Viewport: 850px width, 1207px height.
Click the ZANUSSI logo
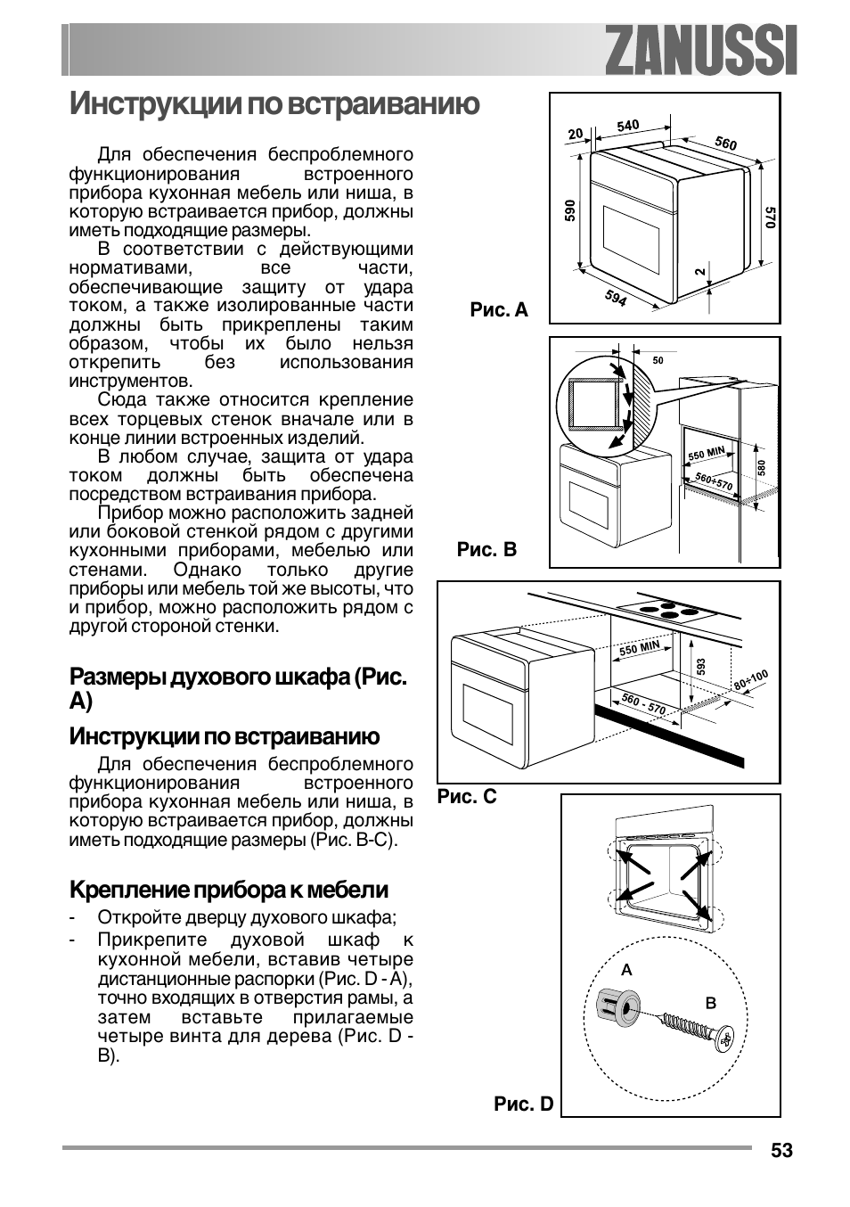click(700, 50)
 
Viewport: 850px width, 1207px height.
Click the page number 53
click(781, 1151)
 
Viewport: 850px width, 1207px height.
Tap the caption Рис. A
click(499, 309)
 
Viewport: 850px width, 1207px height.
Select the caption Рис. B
click(486, 549)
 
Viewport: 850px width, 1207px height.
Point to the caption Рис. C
click(466, 796)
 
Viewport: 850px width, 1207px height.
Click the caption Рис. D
click(523, 1104)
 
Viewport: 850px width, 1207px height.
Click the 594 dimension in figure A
click(616, 298)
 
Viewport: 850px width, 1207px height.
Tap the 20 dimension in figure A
click(576, 134)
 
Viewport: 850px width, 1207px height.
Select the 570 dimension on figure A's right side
click(770, 217)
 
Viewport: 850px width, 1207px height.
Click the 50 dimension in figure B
click(658, 360)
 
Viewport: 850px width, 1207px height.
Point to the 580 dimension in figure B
click(761, 467)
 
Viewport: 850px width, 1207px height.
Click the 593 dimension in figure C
click(701, 668)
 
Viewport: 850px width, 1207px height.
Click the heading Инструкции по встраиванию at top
click(274, 103)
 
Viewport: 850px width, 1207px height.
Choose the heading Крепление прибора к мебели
click(229, 890)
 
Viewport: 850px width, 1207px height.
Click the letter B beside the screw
click(711, 1003)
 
